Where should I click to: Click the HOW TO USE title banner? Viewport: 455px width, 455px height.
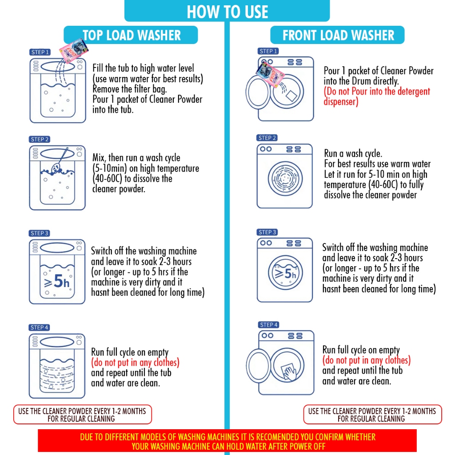click(227, 11)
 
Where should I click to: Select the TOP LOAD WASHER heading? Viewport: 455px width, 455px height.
click(131, 35)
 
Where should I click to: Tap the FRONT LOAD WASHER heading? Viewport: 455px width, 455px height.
click(338, 35)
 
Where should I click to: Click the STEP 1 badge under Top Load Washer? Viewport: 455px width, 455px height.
click(40, 52)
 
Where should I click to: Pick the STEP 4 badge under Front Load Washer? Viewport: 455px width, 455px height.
click(268, 325)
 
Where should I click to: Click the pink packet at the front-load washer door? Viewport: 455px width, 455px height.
click(270, 74)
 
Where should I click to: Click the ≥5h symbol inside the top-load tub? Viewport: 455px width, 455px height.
click(57, 281)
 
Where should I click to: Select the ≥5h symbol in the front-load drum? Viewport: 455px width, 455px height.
click(286, 273)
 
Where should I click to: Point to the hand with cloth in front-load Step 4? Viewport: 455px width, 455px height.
click(289, 371)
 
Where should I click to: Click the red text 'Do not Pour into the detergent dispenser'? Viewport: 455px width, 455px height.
click(377, 96)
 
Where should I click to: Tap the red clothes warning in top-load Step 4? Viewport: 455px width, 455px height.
click(135, 363)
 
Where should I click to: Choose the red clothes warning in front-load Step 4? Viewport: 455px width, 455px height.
click(367, 360)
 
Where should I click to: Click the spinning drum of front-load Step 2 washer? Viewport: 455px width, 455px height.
click(285, 179)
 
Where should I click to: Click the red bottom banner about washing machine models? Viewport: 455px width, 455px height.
click(227, 441)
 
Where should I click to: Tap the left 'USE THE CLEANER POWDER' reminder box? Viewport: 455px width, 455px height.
click(82, 415)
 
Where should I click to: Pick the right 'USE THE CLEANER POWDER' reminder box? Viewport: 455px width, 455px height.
click(372, 415)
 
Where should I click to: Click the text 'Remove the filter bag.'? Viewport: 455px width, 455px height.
click(129, 89)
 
